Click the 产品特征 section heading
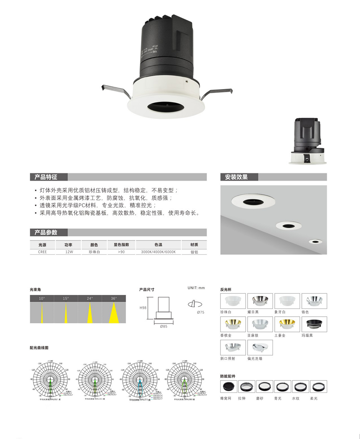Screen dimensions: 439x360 pos(46,177)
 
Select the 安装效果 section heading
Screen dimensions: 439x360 pos(236,177)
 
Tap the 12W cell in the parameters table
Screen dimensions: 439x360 pos(69,252)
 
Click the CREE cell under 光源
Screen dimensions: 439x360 pos(42,252)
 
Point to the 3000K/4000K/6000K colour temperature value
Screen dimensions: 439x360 pos(158,252)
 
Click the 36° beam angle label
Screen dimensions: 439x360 pos(114,298)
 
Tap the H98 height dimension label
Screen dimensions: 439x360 pos(143,308)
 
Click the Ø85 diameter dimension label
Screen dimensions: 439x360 pos(163,326)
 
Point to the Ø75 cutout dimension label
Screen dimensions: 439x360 pos(201,312)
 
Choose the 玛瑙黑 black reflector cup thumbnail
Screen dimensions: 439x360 pos(314,324)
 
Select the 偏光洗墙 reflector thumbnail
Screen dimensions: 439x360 pos(260,347)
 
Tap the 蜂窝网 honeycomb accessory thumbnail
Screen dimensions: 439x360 pos(229,387)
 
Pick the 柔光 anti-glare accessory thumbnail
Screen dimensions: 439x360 pos(318,387)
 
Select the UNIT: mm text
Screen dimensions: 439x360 pos(196,288)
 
